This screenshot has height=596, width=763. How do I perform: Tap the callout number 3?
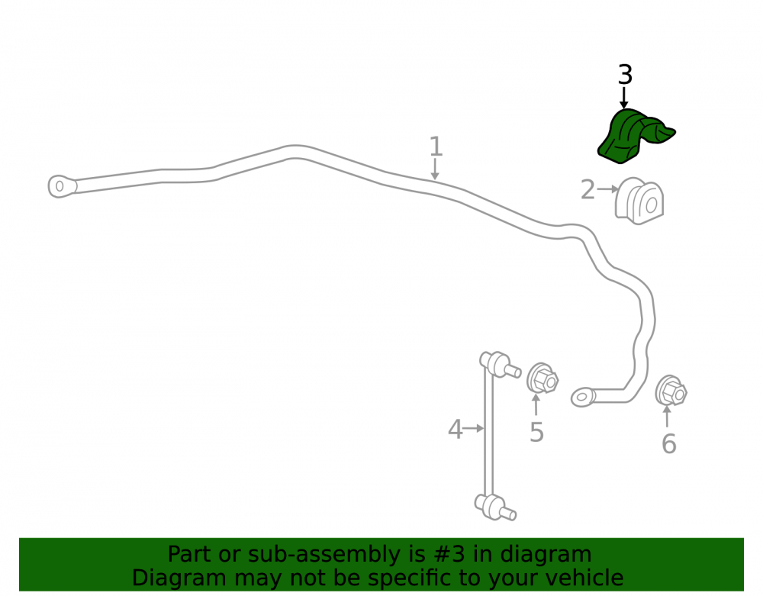coord(626,75)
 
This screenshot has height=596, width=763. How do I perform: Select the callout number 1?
coord(436,147)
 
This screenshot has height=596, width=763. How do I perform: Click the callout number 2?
coord(588,190)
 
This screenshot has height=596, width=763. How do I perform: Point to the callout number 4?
coord(455,430)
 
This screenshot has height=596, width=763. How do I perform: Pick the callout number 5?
coord(536,432)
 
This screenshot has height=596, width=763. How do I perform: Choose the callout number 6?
coord(668,443)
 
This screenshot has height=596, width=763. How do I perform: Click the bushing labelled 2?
coord(639,201)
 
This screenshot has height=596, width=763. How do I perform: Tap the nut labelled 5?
coord(542,378)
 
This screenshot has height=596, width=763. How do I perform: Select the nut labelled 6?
coord(671,391)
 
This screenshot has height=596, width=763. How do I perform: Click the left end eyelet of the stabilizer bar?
coord(62,186)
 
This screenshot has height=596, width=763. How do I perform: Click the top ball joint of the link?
coord(500,365)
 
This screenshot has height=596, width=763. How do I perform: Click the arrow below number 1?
coord(435,169)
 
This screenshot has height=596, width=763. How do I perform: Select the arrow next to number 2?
coord(608,188)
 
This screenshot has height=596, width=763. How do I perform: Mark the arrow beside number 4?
coord(474,428)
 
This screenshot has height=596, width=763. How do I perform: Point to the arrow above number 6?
coord(667,416)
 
